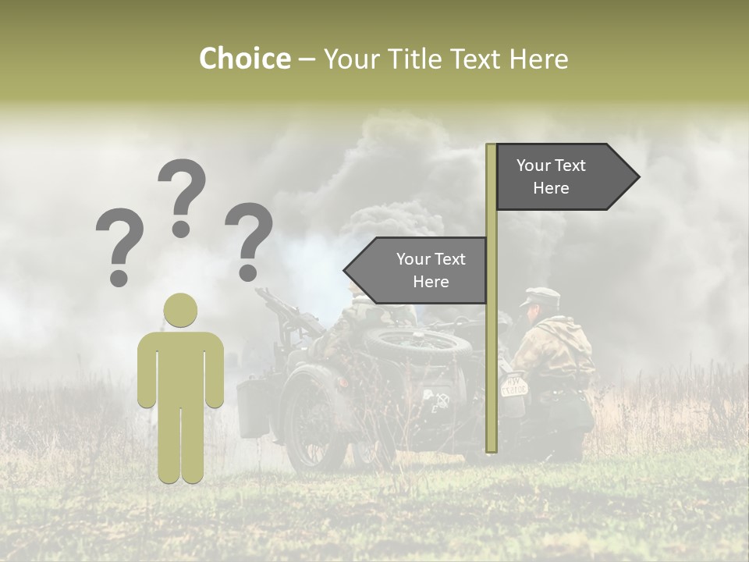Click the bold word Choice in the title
(244, 59)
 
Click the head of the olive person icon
(180, 310)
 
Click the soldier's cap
(541, 297)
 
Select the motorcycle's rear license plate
(513, 385)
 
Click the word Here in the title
(538, 59)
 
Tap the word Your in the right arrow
(533, 165)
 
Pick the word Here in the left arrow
(431, 282)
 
